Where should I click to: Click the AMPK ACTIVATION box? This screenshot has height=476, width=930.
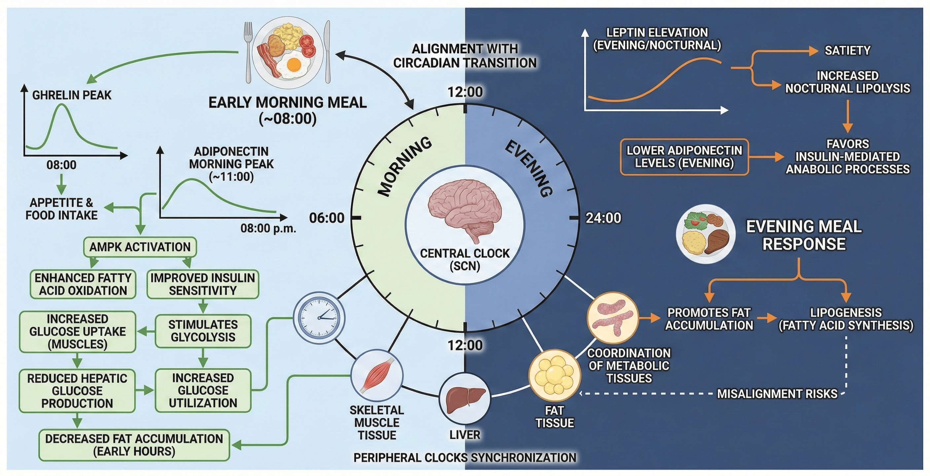(x=140, y=247)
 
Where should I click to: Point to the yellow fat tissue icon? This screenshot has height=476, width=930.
(x=554, y=375)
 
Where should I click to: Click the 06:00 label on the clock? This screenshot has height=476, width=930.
(x=327, y=218)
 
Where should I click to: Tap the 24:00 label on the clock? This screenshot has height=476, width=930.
(x=603, y=218)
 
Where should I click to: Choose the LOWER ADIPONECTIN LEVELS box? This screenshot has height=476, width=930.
(x=684, y=157)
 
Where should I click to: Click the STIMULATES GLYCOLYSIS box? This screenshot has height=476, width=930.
(x=203, y=331)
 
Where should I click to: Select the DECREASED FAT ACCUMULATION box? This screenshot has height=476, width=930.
(x=134, y=445)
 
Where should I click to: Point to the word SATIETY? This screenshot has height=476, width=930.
(x=847, y=51)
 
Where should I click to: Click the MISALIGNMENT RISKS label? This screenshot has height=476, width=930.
(x=777, y=394)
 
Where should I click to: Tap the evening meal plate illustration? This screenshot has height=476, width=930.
(x=705, y=234)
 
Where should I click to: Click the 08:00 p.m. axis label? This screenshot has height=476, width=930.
(x=268, y=229)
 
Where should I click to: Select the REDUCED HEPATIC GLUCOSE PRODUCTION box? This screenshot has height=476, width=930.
(x=77, y=391)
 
